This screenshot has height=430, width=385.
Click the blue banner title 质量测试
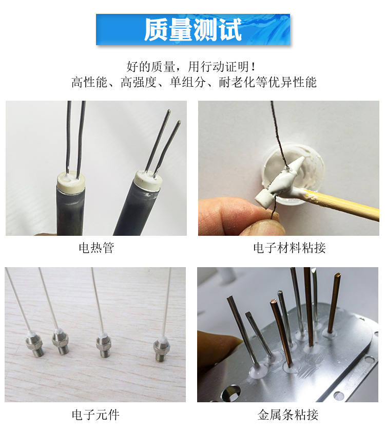coord(192,30)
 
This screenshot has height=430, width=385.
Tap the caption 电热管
coord(96,248)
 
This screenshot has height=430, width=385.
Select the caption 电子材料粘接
coord(290,248)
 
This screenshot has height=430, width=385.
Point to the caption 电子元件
coord(96,415)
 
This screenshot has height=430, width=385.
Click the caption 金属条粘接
coord(290,415)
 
